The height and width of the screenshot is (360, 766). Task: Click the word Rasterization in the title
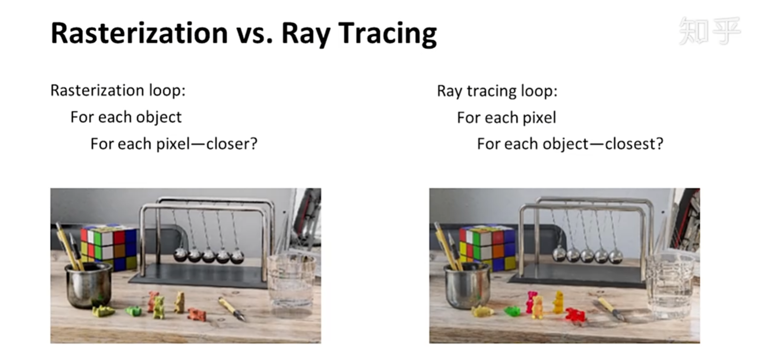pyautogui.click(x=139, y=33)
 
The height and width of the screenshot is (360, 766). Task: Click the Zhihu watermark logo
pyautogui.click(x=710, y=31)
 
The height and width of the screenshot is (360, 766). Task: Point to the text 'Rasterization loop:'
pyautogui.click(x=118, y=90)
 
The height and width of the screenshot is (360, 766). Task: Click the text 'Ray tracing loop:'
pyautogui.click(x=497, y=91)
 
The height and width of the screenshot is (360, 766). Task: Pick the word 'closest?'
pyautogui.click(x=634, y=144)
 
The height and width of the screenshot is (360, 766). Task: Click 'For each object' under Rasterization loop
pyautogui.click(x=126, y=118)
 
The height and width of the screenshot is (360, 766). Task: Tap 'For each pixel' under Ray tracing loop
pyautogui.click(x=506, y=118)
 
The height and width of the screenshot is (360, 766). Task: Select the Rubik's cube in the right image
pyautogui.click(x=487, y=248)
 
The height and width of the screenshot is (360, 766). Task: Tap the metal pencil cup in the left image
pyautogui.click(x=89, y=285)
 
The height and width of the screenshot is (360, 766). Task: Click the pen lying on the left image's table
pyautogui.click(x=232, y=309)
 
